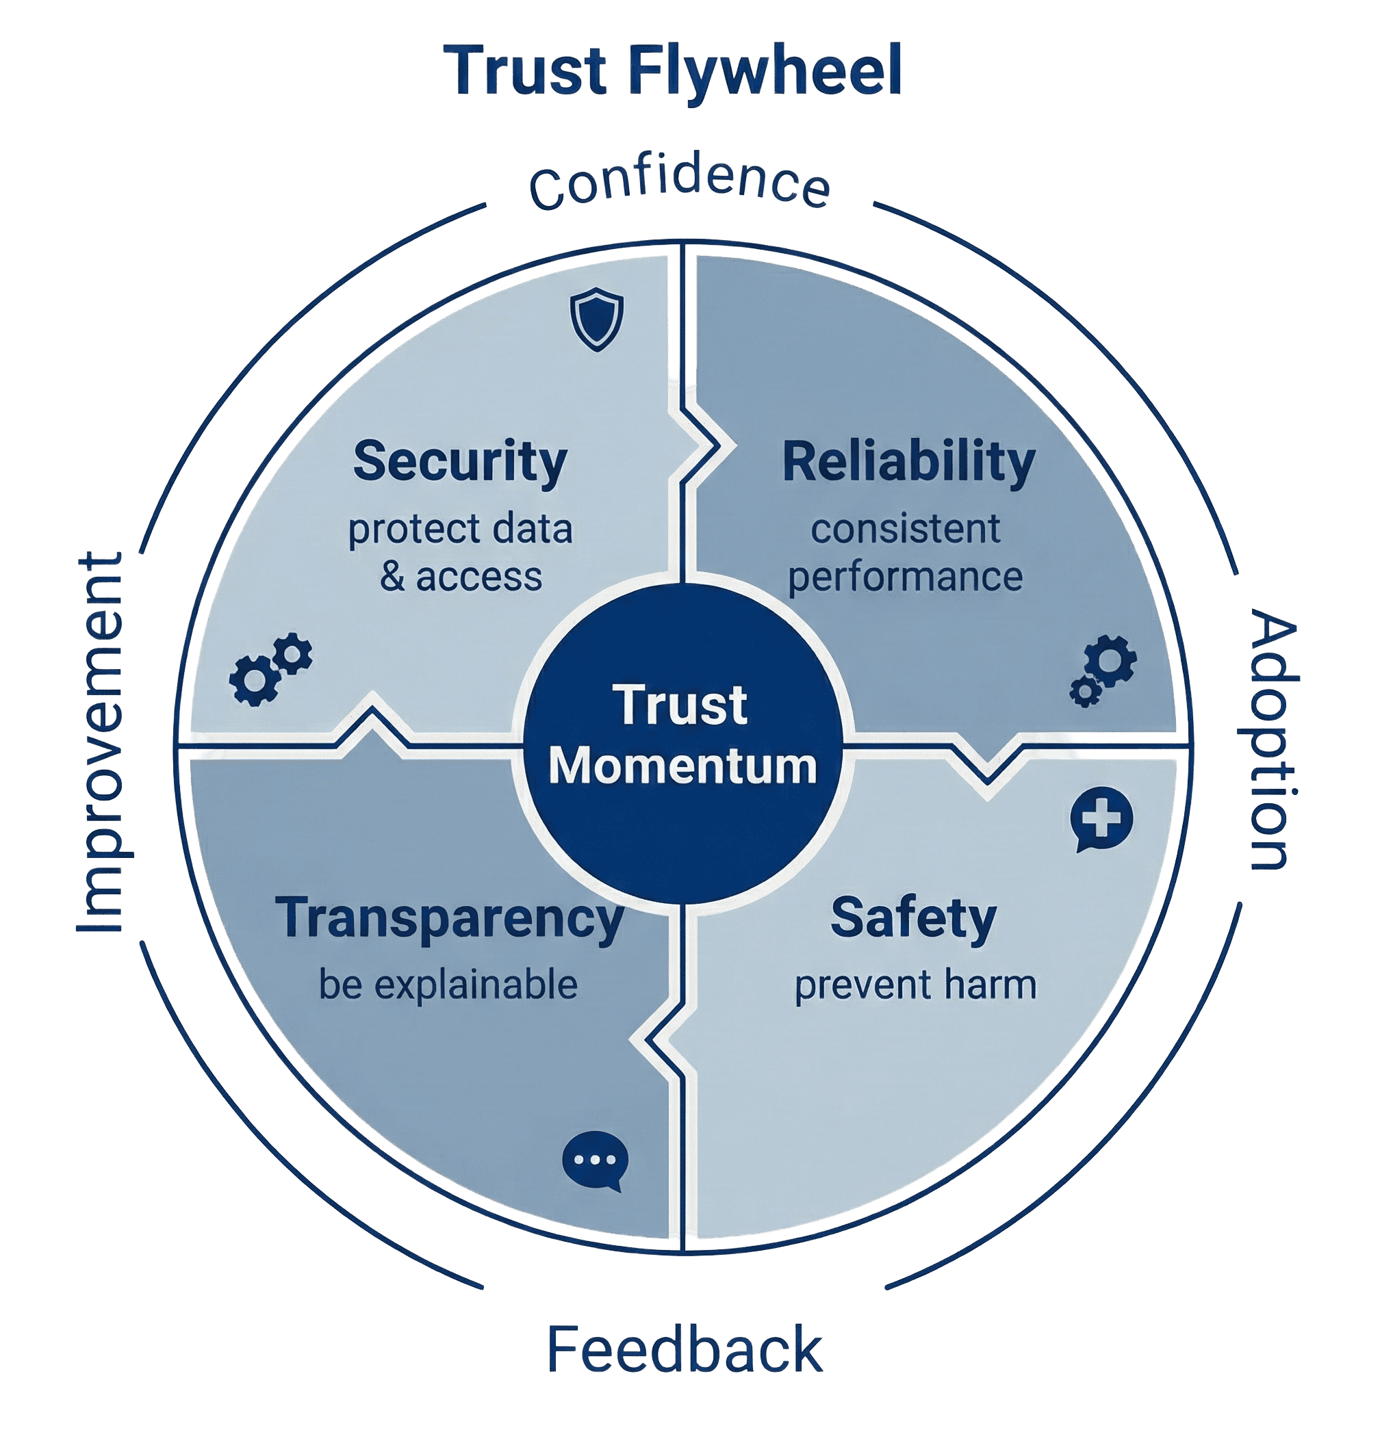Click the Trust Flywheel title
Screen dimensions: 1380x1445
[x=678, y=70]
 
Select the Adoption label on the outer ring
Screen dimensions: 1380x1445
[x=1272, y=741]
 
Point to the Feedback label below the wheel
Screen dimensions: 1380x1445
[x=684, y=1349]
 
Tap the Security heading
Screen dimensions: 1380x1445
[x=460, y=461]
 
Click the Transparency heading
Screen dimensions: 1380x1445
[x=450, y=917]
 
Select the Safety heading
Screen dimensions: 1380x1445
[x=913, y=917]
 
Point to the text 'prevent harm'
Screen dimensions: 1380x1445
[x=915, y=985]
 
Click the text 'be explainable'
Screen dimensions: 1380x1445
[x=448, y=985]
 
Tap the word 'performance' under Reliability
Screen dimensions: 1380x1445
[x=906, y=577]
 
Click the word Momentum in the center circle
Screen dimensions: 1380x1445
[x=682, y=766]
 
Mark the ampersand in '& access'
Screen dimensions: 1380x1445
[x=393, y=577]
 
